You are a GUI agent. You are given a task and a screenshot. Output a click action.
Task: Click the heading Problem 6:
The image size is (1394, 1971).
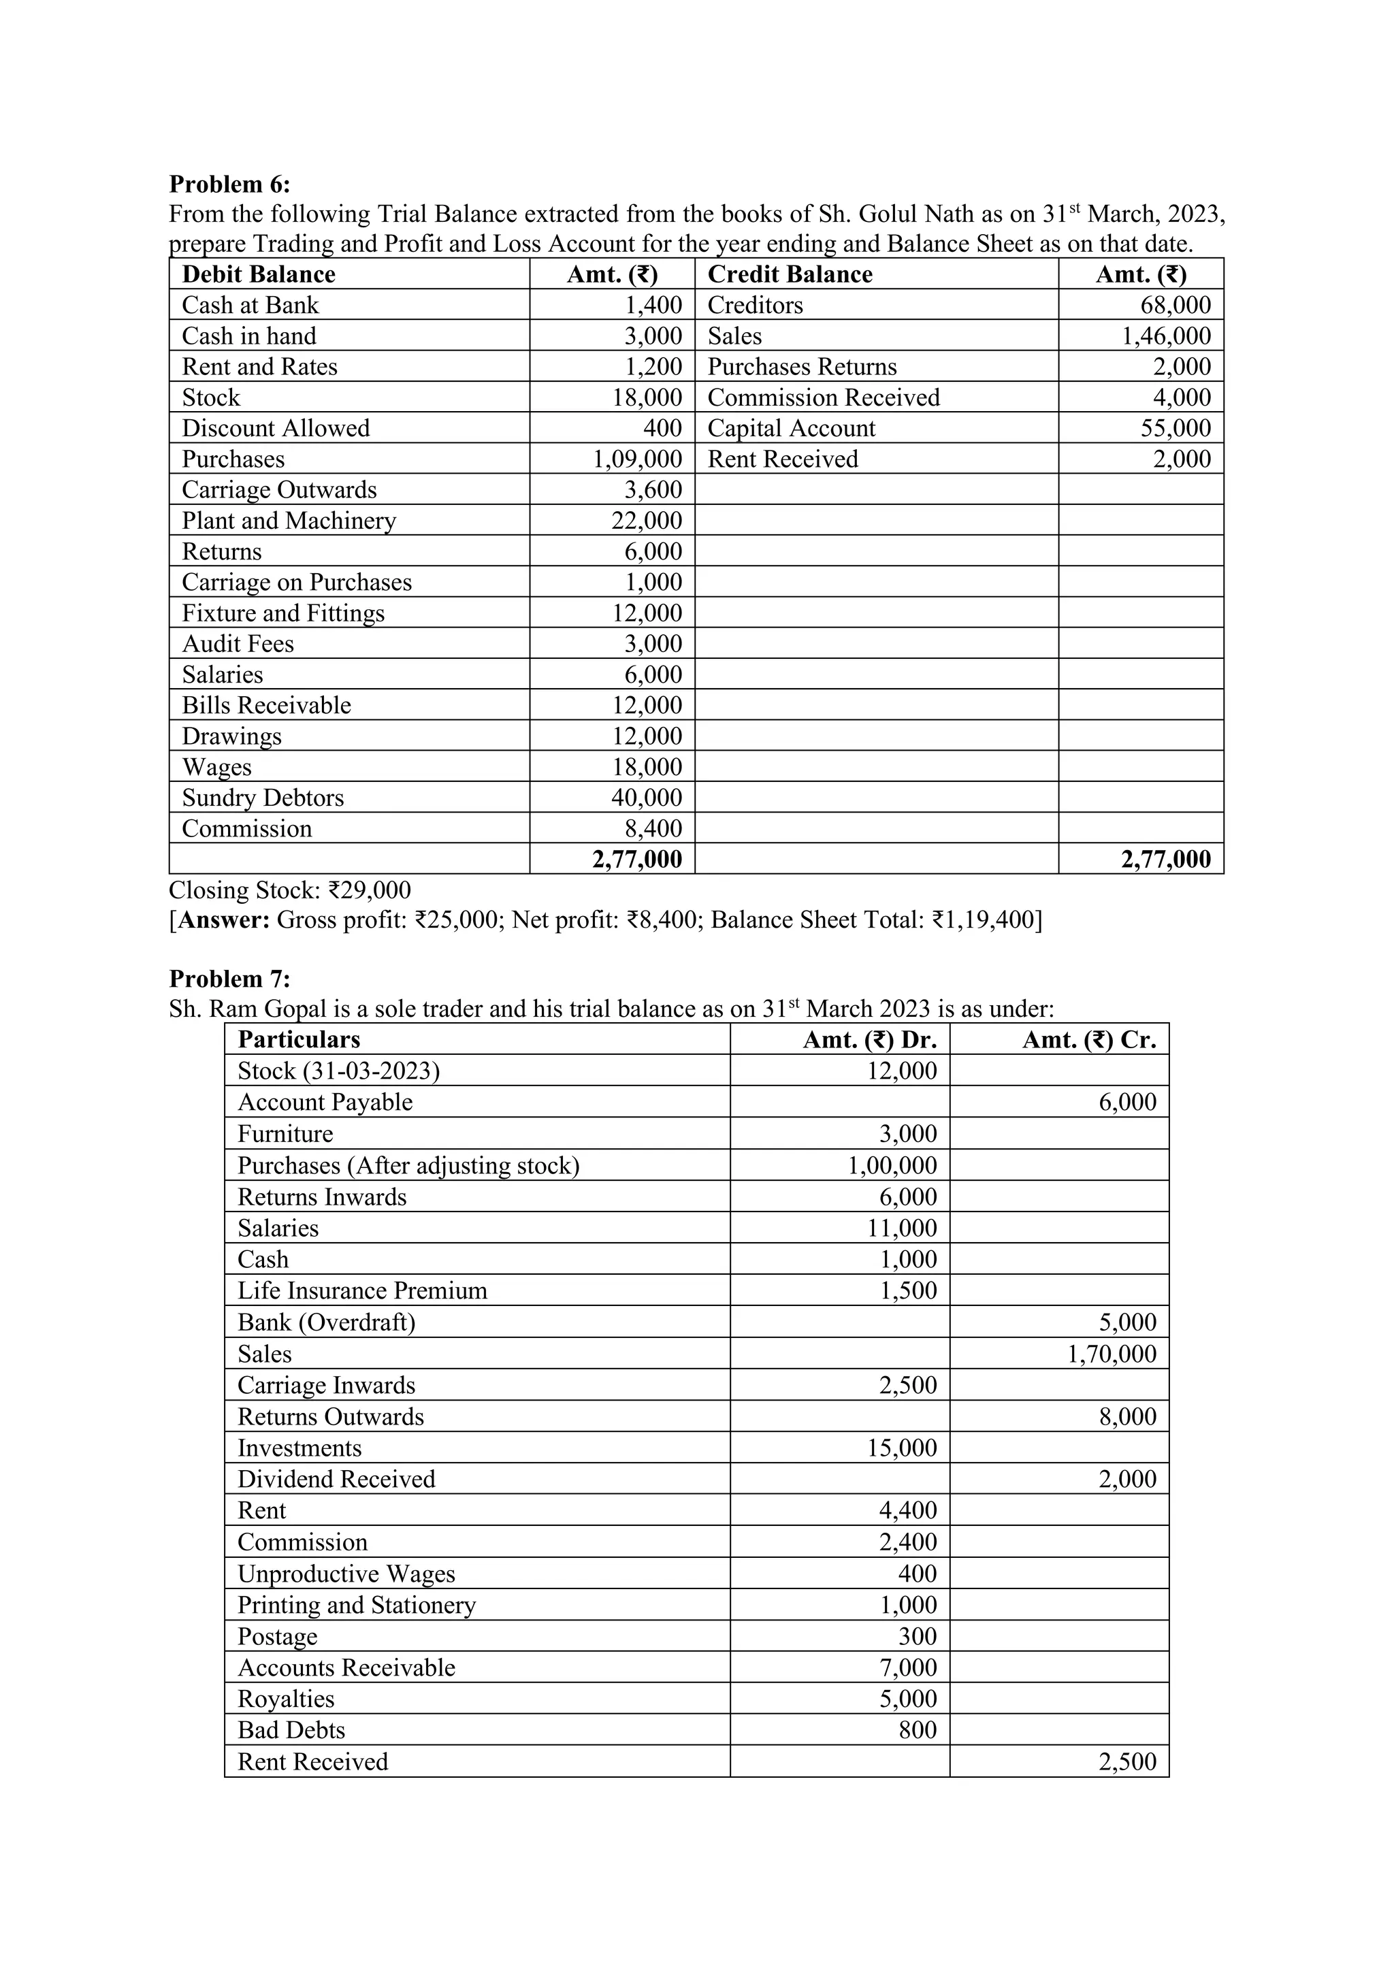click(229, 184)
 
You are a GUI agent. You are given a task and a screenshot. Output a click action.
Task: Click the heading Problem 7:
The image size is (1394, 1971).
click(229, 979)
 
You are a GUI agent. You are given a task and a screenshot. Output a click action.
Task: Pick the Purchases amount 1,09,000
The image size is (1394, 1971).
click(638, 459)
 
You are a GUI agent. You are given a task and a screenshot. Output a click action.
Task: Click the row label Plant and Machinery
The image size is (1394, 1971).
click(289, 521)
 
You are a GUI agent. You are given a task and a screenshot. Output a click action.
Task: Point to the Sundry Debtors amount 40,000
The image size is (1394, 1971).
click(647, 798)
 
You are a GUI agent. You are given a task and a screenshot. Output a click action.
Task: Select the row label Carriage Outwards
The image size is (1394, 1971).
click(279, 490)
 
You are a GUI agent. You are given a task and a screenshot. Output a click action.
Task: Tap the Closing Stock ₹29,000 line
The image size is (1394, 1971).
click(289, 890)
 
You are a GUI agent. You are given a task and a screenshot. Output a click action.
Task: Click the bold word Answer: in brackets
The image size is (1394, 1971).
click(223, 920)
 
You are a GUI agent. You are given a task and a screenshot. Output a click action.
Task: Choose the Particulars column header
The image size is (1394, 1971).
click(299, 1039)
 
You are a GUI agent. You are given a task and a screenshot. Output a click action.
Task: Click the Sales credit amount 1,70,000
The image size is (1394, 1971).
click(1112, 1354)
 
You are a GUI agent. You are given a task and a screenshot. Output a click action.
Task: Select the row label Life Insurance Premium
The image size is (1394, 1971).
click(362, 1291)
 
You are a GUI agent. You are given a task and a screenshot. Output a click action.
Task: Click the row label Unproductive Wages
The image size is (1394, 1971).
click(346, 1574)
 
